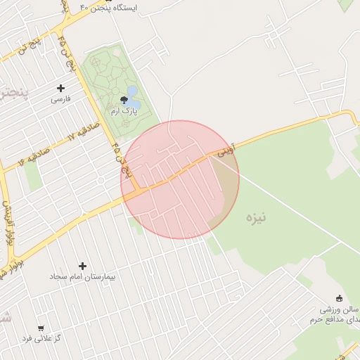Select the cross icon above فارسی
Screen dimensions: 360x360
point(60,89)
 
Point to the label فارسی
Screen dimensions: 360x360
point(60,100)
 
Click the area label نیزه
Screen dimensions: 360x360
point(256,217)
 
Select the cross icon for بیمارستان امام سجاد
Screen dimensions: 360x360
point(83,266)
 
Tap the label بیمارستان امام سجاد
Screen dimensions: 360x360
point(82,277)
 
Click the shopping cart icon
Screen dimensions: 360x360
point(41,328)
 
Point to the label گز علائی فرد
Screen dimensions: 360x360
point(42,339)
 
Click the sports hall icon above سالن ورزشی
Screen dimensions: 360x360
point(339,298)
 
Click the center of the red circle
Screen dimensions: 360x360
point(180,179)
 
